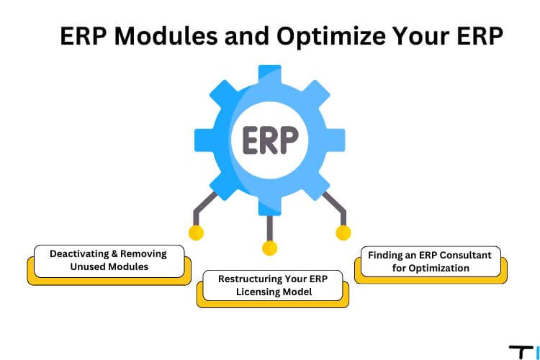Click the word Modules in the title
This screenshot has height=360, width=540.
click(166, 35)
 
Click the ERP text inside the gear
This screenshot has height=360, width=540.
click(270, 140)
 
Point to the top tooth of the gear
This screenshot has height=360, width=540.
click(270, 74)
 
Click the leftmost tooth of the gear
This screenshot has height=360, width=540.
click(204, 140)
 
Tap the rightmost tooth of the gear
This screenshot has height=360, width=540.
click(336, 140)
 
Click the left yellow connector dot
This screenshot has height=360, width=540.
click(197, 233)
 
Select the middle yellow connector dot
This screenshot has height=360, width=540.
click(270, 248)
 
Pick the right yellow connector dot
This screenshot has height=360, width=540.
click(343, 233)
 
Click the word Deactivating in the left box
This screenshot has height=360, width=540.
click(79, 254)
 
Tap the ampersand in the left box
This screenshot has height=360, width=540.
click(114, 254)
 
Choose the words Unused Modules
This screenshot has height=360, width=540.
click(109, 266)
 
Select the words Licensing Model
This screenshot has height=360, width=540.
click(274, 292)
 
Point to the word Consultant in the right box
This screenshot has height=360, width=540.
click(466, 256)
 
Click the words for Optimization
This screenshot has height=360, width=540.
click(431, 268)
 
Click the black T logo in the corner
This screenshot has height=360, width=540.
click(521, 352)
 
